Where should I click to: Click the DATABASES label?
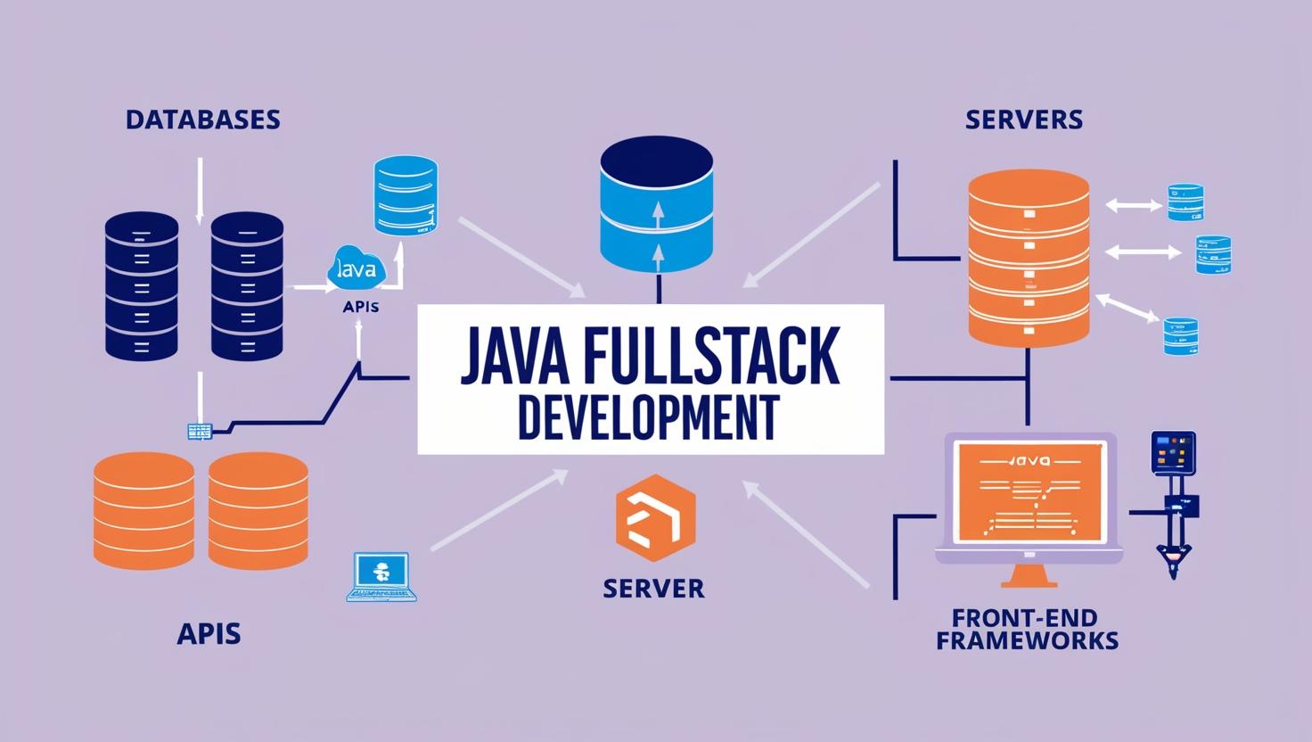pos(203,120)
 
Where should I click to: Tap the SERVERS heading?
pos(1024,120)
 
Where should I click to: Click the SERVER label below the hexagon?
pos(653,589)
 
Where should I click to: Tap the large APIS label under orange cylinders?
pos(209,634)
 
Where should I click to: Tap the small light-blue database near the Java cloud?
pos(406,196)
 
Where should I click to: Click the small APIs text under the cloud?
pos(360,307)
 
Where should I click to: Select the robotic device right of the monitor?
pos(1172,499)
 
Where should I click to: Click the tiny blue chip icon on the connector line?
pos(201,432)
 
